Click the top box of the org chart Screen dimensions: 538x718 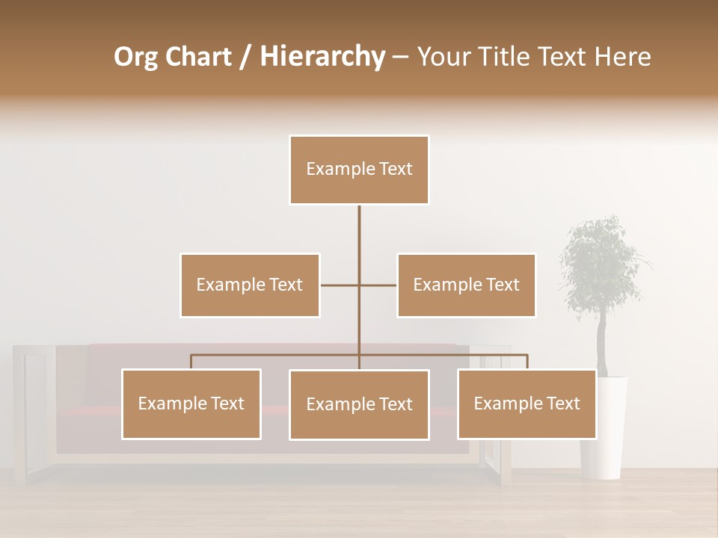pos(359,170)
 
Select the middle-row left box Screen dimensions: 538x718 pos(250,285)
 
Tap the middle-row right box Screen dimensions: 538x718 pos(466,285)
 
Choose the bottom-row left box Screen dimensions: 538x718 pos(191,403)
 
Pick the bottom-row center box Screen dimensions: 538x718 pos(359,404)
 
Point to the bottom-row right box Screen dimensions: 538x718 pos(527,403)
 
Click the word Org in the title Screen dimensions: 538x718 pos(136,57)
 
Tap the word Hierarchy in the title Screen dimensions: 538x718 pos(322,57)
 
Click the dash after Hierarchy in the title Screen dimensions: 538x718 pos(400,58)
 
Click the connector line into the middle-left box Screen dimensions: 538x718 pos(339,285)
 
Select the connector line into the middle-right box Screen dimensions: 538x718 pos(378,285)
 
